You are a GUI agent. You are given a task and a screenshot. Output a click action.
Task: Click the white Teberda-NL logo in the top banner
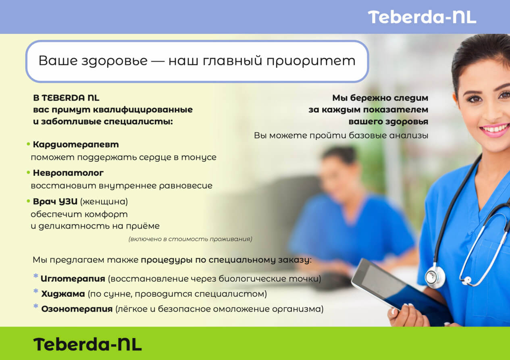pyautogui.click(x=422, y=17)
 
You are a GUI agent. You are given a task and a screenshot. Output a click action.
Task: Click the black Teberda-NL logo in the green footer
pyautogui.click(x=87, y=345)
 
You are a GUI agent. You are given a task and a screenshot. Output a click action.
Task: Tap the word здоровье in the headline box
pyautogui.click(x=114, y=61)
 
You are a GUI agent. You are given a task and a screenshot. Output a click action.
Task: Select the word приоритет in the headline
pyautogui.click(x=311, y=61)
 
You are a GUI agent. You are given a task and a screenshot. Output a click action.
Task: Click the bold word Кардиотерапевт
pyautogui.click(x=76, y=145)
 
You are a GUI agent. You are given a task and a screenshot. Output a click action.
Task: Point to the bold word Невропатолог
pyautogui.click(x=68, y=173)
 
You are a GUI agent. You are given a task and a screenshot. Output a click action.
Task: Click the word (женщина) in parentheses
pyautogui.click(x=104, y=202)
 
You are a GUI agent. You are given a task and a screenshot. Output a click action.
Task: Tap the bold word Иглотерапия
pyautogui.click(x=73, y=279)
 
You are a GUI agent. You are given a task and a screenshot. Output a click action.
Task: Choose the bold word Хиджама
pyautogui.click(x=63, y=294)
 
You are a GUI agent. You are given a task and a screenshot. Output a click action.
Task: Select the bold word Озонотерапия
pyautogui.click(x=77, y=309)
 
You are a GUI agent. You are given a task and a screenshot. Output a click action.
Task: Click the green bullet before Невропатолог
pyautogui.click(x=29, y=173)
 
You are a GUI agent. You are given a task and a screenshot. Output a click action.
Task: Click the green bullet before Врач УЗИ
pyautogui.click(x=29, y=201)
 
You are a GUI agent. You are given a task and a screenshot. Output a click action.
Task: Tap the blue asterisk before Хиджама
pyautogui.click(x=36, y=291)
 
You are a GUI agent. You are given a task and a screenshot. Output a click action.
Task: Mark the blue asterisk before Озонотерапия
pyautogui.click(x=36, y=306)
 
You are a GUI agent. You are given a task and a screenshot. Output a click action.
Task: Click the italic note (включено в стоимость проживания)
pyautogui.click(x=190, y=239)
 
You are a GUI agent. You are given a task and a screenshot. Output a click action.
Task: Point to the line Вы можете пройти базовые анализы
pyautogui.click(x=341, y=135)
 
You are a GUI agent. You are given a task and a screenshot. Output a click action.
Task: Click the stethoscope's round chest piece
pyautogui.click(x=435, y=276)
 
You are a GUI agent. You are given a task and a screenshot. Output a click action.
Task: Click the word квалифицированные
pyautogui.click(x=143, y=110)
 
